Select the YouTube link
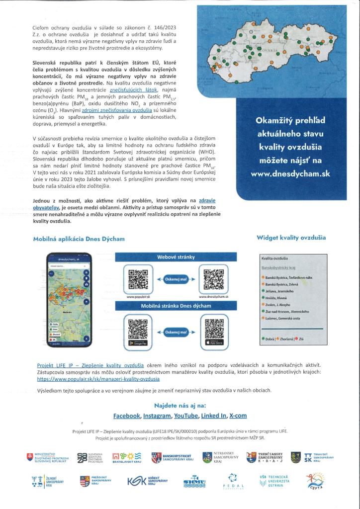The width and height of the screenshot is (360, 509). (186, 416)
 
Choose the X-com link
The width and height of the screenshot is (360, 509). (238, 416)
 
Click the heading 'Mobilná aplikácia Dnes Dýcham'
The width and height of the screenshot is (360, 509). (79, 239)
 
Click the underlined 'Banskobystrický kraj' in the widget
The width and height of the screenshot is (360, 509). (278, 266)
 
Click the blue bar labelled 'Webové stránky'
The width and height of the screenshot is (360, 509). (172, 257)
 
